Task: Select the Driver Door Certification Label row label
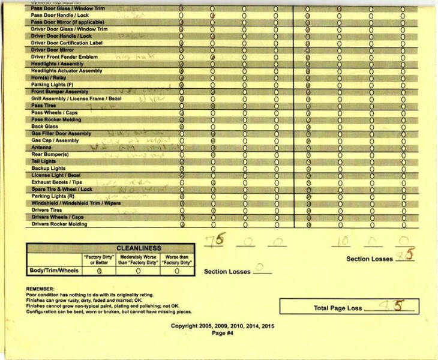(x=67, y=43)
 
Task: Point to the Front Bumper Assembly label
(x=59, y=92)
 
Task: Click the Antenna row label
(x=41, y=148)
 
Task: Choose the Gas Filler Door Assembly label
(x=61, y=134)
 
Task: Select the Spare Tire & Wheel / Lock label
(x=62, y=189)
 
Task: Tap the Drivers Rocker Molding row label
(x=59, y=224)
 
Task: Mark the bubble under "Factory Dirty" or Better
(x=100, y=271)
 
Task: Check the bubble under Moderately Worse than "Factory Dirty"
(x=138, y=271)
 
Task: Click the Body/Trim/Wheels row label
(x=54, y=271)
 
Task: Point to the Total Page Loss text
(x=338, y=308)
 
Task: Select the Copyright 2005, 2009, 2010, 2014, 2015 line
(x=222, y=326)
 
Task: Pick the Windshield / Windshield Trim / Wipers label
(x=76, y=203)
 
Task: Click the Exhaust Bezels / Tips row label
(x=58, y=182)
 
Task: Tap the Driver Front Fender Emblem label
(x=64, y=57)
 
